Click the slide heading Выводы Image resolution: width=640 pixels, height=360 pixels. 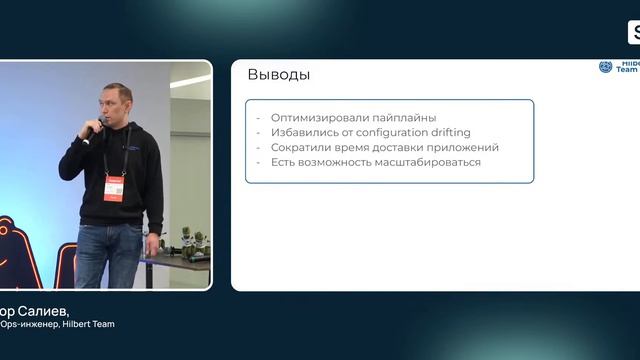point(278,75)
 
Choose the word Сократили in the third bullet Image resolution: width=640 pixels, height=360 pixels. point(297,147)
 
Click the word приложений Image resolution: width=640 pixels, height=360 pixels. point(464,147)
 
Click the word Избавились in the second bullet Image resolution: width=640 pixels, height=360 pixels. point(299,133)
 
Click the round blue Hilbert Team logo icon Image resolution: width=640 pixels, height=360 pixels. point(605,67)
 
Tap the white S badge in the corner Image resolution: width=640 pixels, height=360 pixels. point(634,33)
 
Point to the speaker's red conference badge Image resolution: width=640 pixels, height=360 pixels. point(113,187)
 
